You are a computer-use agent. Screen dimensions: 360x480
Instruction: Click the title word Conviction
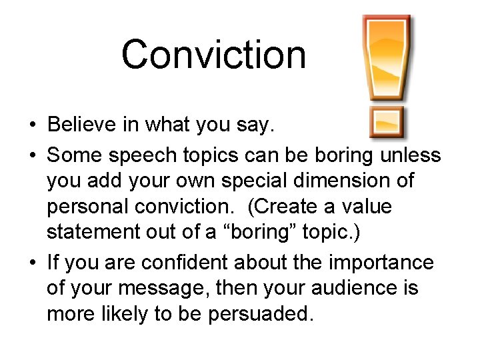click(x=213, y=54)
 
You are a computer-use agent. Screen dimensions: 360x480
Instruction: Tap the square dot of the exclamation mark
click(x=386, y=121)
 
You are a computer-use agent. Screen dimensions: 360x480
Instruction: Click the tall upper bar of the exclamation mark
click(x=386, y=57)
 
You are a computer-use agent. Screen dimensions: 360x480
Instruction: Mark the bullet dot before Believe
click(x=32, y=125)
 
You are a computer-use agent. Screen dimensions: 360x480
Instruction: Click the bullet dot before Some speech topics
click(x=32, y=155)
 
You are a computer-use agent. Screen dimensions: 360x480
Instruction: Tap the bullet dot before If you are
click(x=32, y=262)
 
